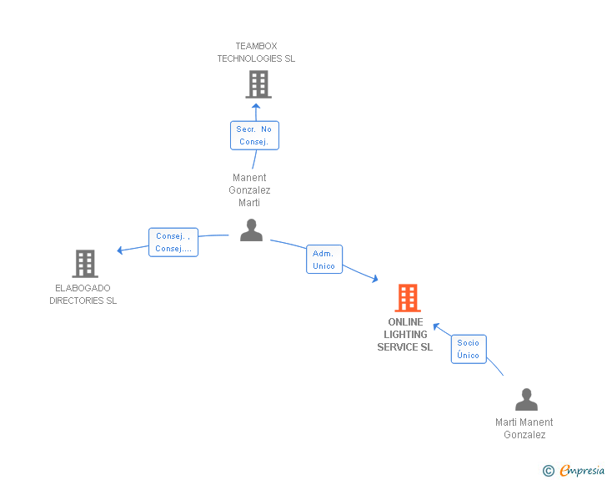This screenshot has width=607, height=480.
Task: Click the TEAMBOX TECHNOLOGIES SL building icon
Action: click(x=258, y=84)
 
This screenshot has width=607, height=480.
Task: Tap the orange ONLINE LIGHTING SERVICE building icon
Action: click(x=407, y=298)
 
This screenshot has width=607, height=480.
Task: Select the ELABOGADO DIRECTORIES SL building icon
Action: click(x=85, y=264)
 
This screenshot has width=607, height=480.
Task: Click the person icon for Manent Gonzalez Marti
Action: click(x=251, y=230)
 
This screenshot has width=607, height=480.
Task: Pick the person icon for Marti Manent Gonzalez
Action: click(x=526, y=400)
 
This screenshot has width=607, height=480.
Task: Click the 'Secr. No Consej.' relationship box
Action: click(x=254, y=135)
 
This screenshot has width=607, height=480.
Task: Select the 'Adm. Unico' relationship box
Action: click(x=324, y=260)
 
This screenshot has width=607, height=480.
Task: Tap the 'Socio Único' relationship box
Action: click(x=469, y=349)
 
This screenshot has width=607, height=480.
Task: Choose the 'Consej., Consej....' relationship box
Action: click(x=173, y=242)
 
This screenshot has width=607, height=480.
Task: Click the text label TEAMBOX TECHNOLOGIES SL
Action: click(x=256, y=53)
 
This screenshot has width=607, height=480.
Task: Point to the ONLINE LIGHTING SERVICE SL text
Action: click(x=405, y=335)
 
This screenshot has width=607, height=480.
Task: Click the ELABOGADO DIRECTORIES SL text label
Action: click(x=83, y=295)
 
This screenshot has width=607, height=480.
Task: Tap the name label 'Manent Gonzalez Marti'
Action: click(x=249, y=190)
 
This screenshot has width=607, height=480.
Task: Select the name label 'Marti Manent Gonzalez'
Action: click(x=524, y=428)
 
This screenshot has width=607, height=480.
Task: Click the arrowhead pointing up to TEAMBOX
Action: click(x=257, y=106)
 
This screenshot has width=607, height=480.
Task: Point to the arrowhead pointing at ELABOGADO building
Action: click(x=121, y=250)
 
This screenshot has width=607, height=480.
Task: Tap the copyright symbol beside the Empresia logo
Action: click(x=548, y=471)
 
